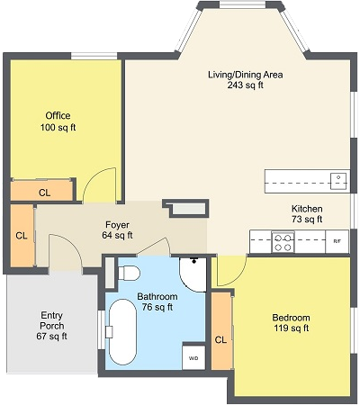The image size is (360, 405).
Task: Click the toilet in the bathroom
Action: click(x=129, y=273)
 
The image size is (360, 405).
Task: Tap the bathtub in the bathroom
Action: click(x=122, y=332)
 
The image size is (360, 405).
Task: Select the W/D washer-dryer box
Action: click(x=193, y=357)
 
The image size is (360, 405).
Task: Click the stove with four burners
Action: click(x=283, y=242)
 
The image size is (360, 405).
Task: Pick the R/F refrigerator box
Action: click(x=337, y=241)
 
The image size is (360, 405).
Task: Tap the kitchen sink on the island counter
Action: click(x=338, y=181)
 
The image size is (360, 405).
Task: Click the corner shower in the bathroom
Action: click(x=193, y=274)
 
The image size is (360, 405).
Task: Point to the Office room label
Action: click(x=58, y=115)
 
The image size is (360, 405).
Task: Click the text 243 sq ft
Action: click(x=245, y=85)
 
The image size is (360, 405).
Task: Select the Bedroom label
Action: click(x=291, y=318)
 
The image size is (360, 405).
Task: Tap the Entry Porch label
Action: click(x=52, y=320)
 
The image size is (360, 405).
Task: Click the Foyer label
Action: click(x=117, y=225)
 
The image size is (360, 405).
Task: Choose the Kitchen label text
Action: click(x=307, y=209)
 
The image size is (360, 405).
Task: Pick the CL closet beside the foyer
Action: click(x=22, y=236)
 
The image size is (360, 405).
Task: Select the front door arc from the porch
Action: click(x=71, y=243)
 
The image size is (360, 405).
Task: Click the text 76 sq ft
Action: click(x=157, y=307)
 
